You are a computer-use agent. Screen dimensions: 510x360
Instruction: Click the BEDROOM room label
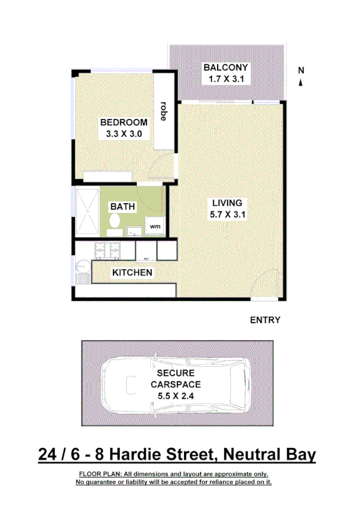point(123,122)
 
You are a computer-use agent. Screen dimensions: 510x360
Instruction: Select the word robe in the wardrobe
point(163,111)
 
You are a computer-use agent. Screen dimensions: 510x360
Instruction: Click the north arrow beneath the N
point(301,82)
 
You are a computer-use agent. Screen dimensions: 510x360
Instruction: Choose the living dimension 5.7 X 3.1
point(227,214)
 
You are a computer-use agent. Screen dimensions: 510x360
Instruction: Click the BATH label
point(122,207)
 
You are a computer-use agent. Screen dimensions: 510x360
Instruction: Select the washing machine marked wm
point(154,227)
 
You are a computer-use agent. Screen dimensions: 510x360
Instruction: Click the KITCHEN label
point(132,273)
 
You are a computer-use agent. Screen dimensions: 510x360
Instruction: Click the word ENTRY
point(265,320)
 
